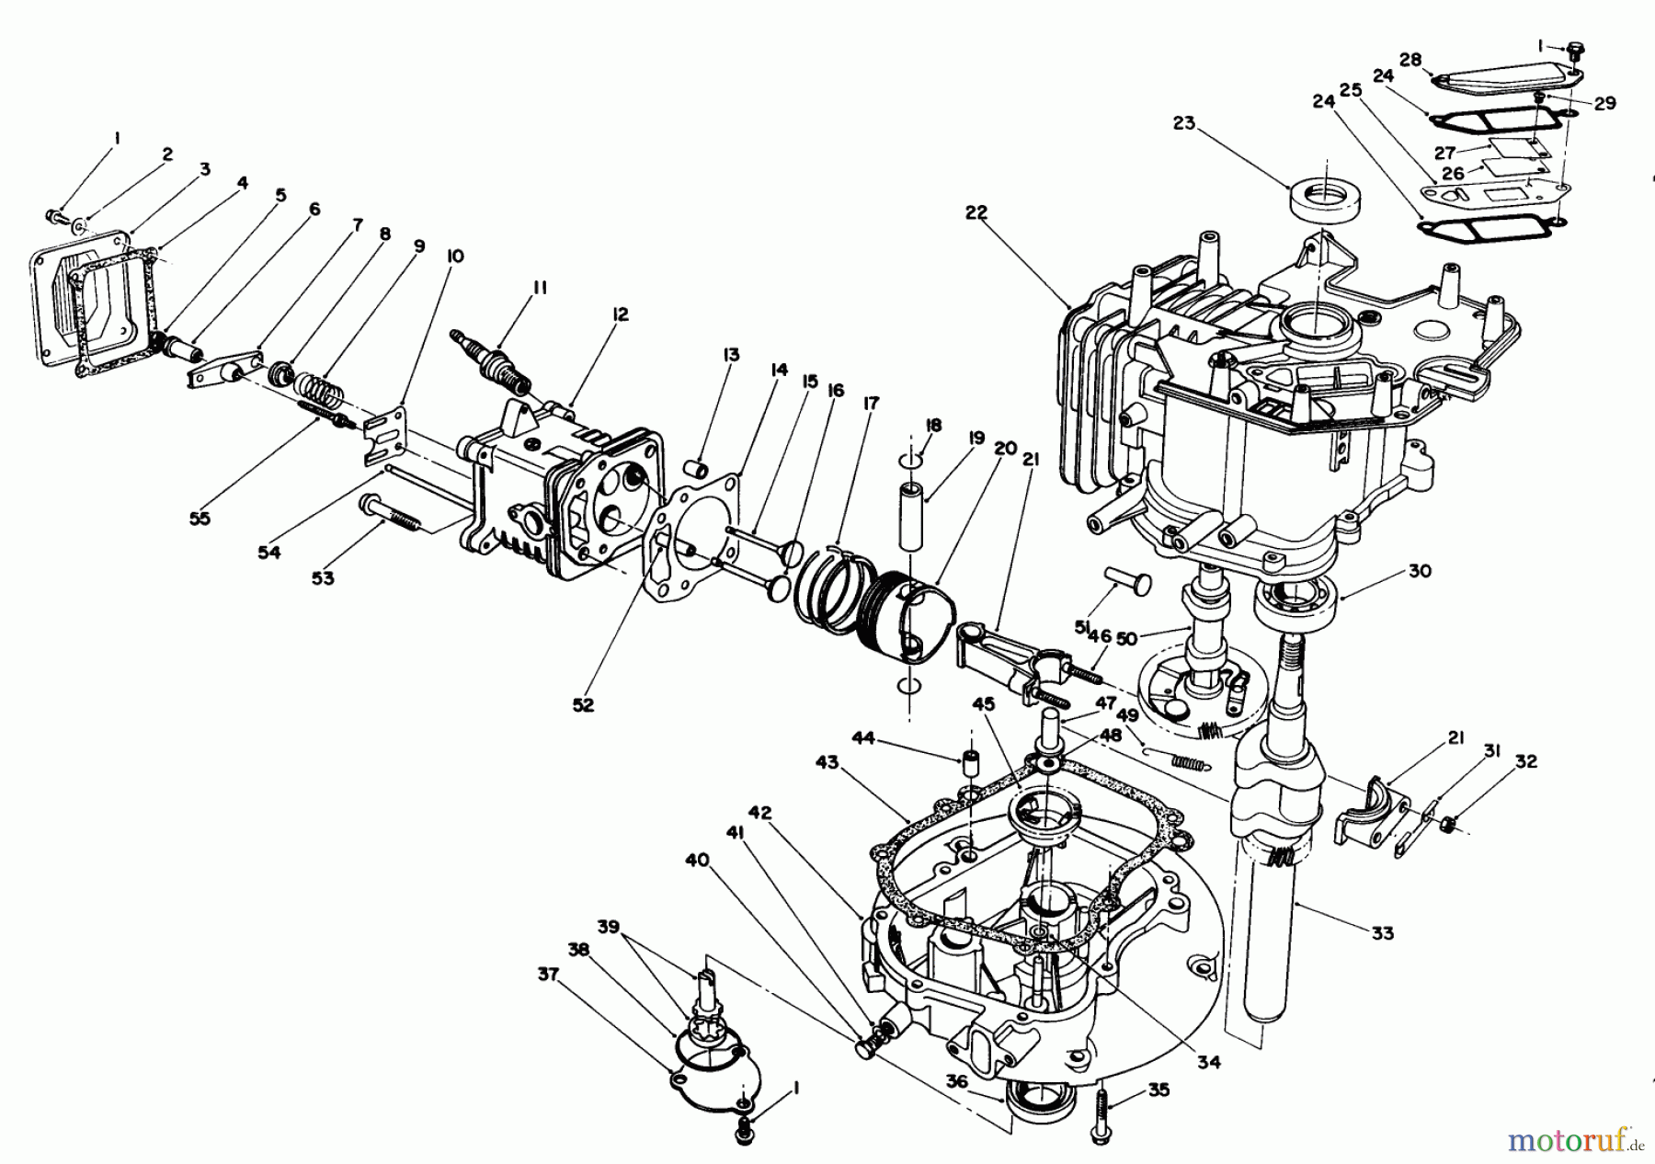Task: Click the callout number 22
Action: [976, 212]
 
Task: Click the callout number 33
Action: [1382, 933]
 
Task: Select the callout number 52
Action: [583, 705]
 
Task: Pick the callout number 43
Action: [827, 763]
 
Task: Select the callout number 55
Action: [200, 519]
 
